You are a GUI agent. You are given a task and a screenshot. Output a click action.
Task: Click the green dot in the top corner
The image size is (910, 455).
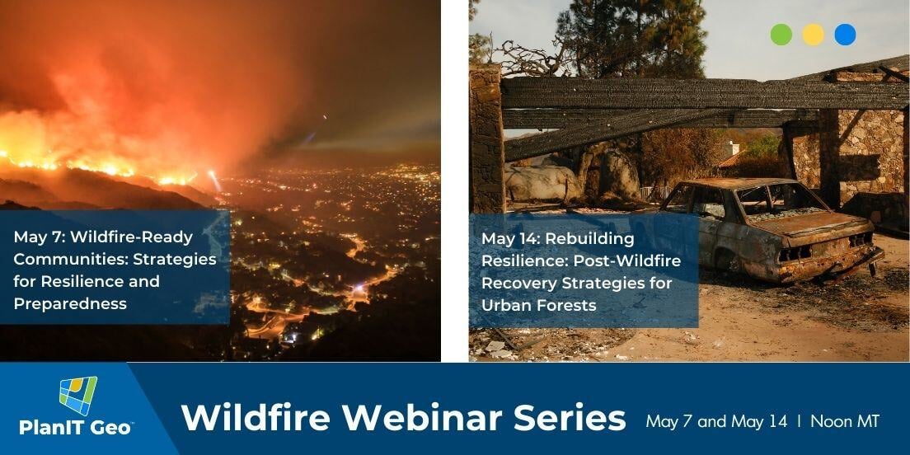point(781,35)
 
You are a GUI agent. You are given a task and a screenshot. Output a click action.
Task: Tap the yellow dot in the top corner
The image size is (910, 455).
point(813,35)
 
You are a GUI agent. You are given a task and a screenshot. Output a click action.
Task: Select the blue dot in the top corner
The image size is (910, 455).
point(845,35)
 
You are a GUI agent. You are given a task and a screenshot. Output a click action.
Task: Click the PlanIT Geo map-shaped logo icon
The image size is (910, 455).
point(77,396)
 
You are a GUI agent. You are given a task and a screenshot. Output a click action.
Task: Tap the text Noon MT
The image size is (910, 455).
point(845,421)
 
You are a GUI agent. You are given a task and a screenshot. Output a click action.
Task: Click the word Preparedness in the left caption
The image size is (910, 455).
point(70,304)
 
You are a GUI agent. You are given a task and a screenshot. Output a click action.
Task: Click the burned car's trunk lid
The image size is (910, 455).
point(824,223)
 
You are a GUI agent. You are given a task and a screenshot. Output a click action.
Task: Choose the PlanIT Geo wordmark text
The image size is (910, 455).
point(77,429)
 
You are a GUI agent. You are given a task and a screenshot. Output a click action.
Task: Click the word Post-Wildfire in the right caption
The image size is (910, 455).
point(627,261)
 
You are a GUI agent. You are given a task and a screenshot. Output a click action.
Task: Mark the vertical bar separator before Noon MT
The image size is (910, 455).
point(800,421)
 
